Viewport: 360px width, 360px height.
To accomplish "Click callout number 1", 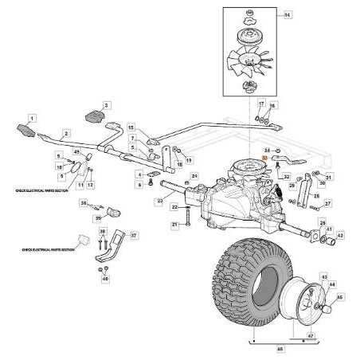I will click(x=33, y=118).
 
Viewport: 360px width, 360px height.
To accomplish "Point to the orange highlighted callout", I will click(x=266, y=159).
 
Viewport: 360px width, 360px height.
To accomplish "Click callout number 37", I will click(x=134, y=236).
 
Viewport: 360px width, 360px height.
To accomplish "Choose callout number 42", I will click(x=340, y=236).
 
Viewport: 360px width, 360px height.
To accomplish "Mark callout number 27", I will click(x=328, y=204).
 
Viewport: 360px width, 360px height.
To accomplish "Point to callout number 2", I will click(x=66, y=133).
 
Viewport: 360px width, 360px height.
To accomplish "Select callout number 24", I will click(x=194, y=176).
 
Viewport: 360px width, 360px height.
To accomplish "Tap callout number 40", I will click(x=105, y=279).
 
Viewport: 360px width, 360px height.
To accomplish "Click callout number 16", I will click(x=272, y=106).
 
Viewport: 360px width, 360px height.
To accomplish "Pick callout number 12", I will click(x=90, y=185).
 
